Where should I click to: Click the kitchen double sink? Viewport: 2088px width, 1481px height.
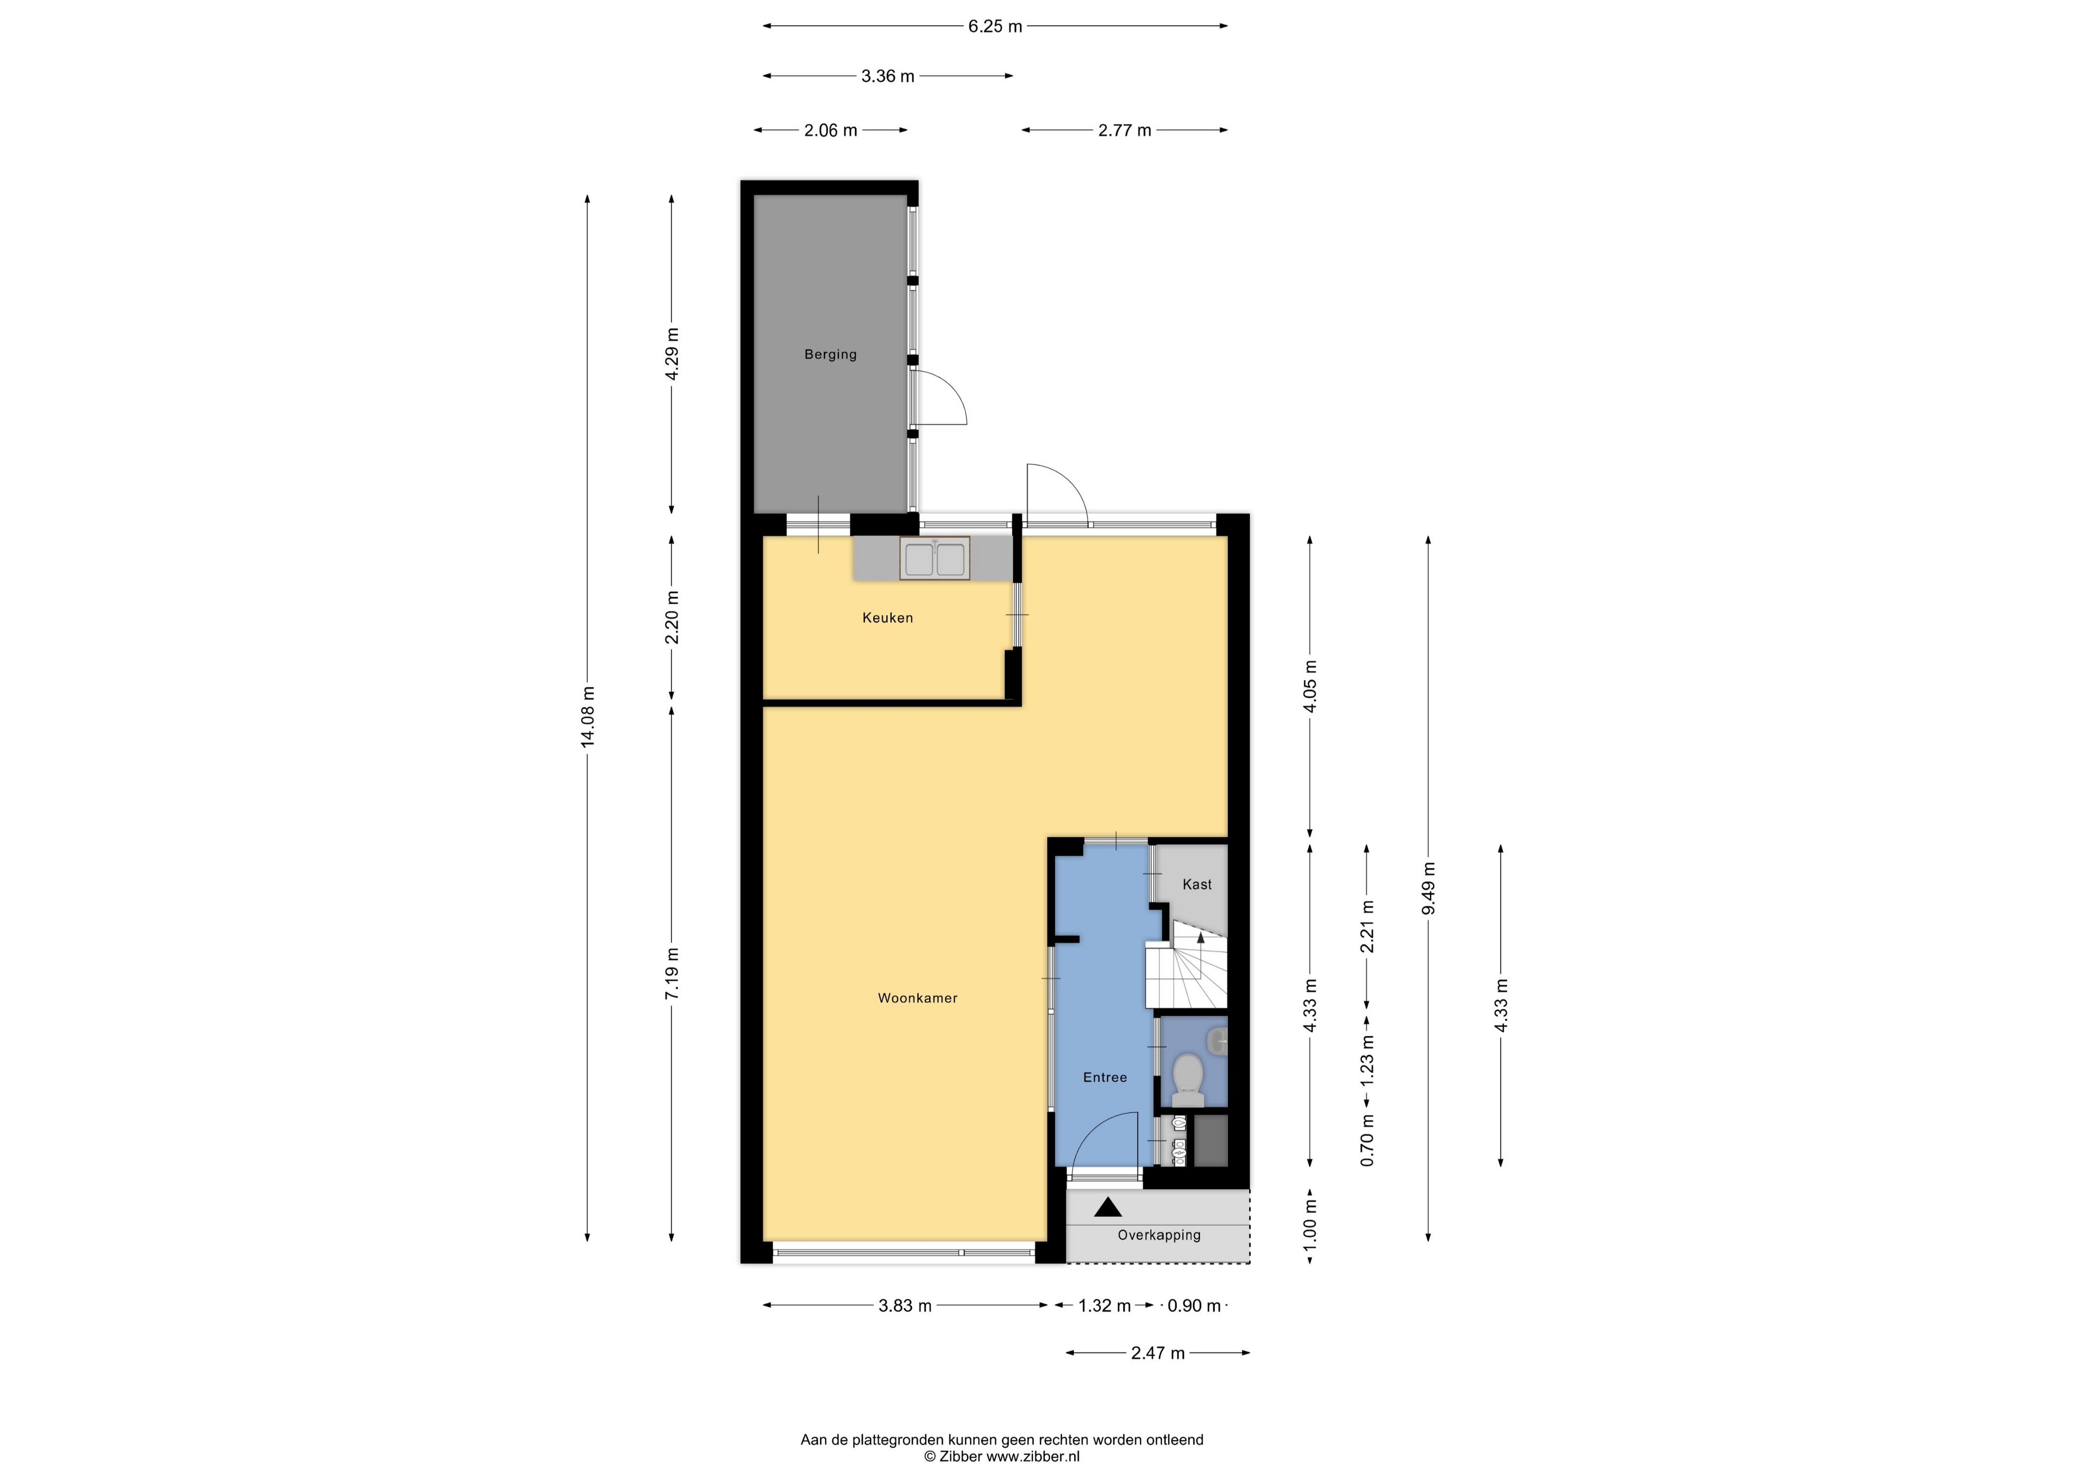point(935,558)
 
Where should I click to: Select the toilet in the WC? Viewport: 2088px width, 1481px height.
point(1187,1080)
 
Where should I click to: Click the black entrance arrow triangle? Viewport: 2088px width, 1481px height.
point(1108,1208)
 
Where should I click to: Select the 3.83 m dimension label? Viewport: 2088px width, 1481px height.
point(904,1306)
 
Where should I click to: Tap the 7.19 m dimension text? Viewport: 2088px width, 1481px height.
point(672,974)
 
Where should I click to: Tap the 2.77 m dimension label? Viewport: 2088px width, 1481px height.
point(1124,131)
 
